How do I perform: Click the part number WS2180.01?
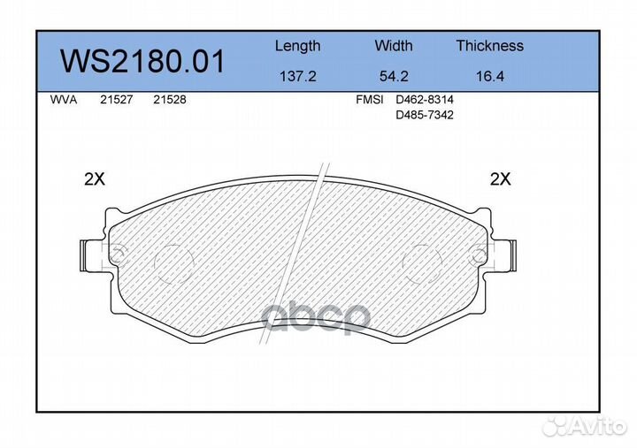pyautogui.click(x=142, y=62)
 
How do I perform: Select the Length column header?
pyautogui.click(x=297, y=46)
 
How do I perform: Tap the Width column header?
pyautogui.click(x=393, y=46)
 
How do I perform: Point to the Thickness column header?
pyautogui.click(x=489, y=46)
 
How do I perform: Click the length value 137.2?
pyautogui.click(x=297, y=77)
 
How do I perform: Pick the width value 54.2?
pyautogui.click(x=393, y=77)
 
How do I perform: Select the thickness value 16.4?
pyautogui.click(x=489, y=77)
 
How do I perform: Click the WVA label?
pyautogui.click(x=64, y=101)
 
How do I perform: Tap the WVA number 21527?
pyautogui.click(x=116, y=101)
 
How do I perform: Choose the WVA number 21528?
pyautogui.click(x=169, y=101)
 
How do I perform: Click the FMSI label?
pyautogui.click(x=369, y=101)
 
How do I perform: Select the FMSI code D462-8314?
pyautogui.click(x=424, y=101)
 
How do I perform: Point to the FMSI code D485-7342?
pyautogui.click(x=424, y=116)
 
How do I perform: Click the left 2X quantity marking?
pyautogui.click(x=94, y=179)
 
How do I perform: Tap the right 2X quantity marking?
pyautogui.click(x=501, y=179)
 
